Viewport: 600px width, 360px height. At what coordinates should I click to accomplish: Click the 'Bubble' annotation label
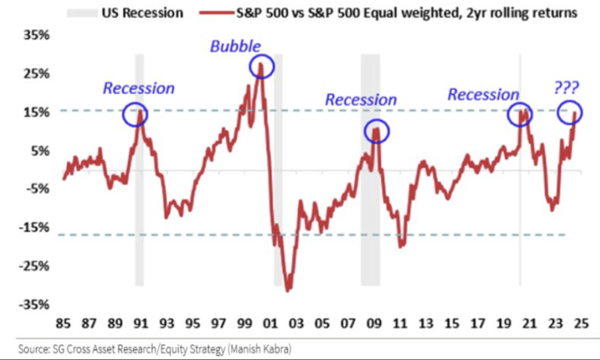point(236,46)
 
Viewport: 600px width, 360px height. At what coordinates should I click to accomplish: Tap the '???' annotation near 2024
point(565,88)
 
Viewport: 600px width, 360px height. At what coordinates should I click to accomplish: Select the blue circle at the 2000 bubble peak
point(261,67)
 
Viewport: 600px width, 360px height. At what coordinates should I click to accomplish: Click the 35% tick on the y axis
point(36,36)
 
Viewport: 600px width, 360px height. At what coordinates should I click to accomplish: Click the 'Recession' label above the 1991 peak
point(139,88)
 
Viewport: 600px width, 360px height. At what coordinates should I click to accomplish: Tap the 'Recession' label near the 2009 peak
point(361,100)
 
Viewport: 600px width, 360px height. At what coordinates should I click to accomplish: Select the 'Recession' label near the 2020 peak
point(483,94)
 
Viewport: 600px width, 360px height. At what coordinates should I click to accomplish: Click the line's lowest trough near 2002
point(288,290)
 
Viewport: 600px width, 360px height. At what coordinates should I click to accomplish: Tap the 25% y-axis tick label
point(36,74)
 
